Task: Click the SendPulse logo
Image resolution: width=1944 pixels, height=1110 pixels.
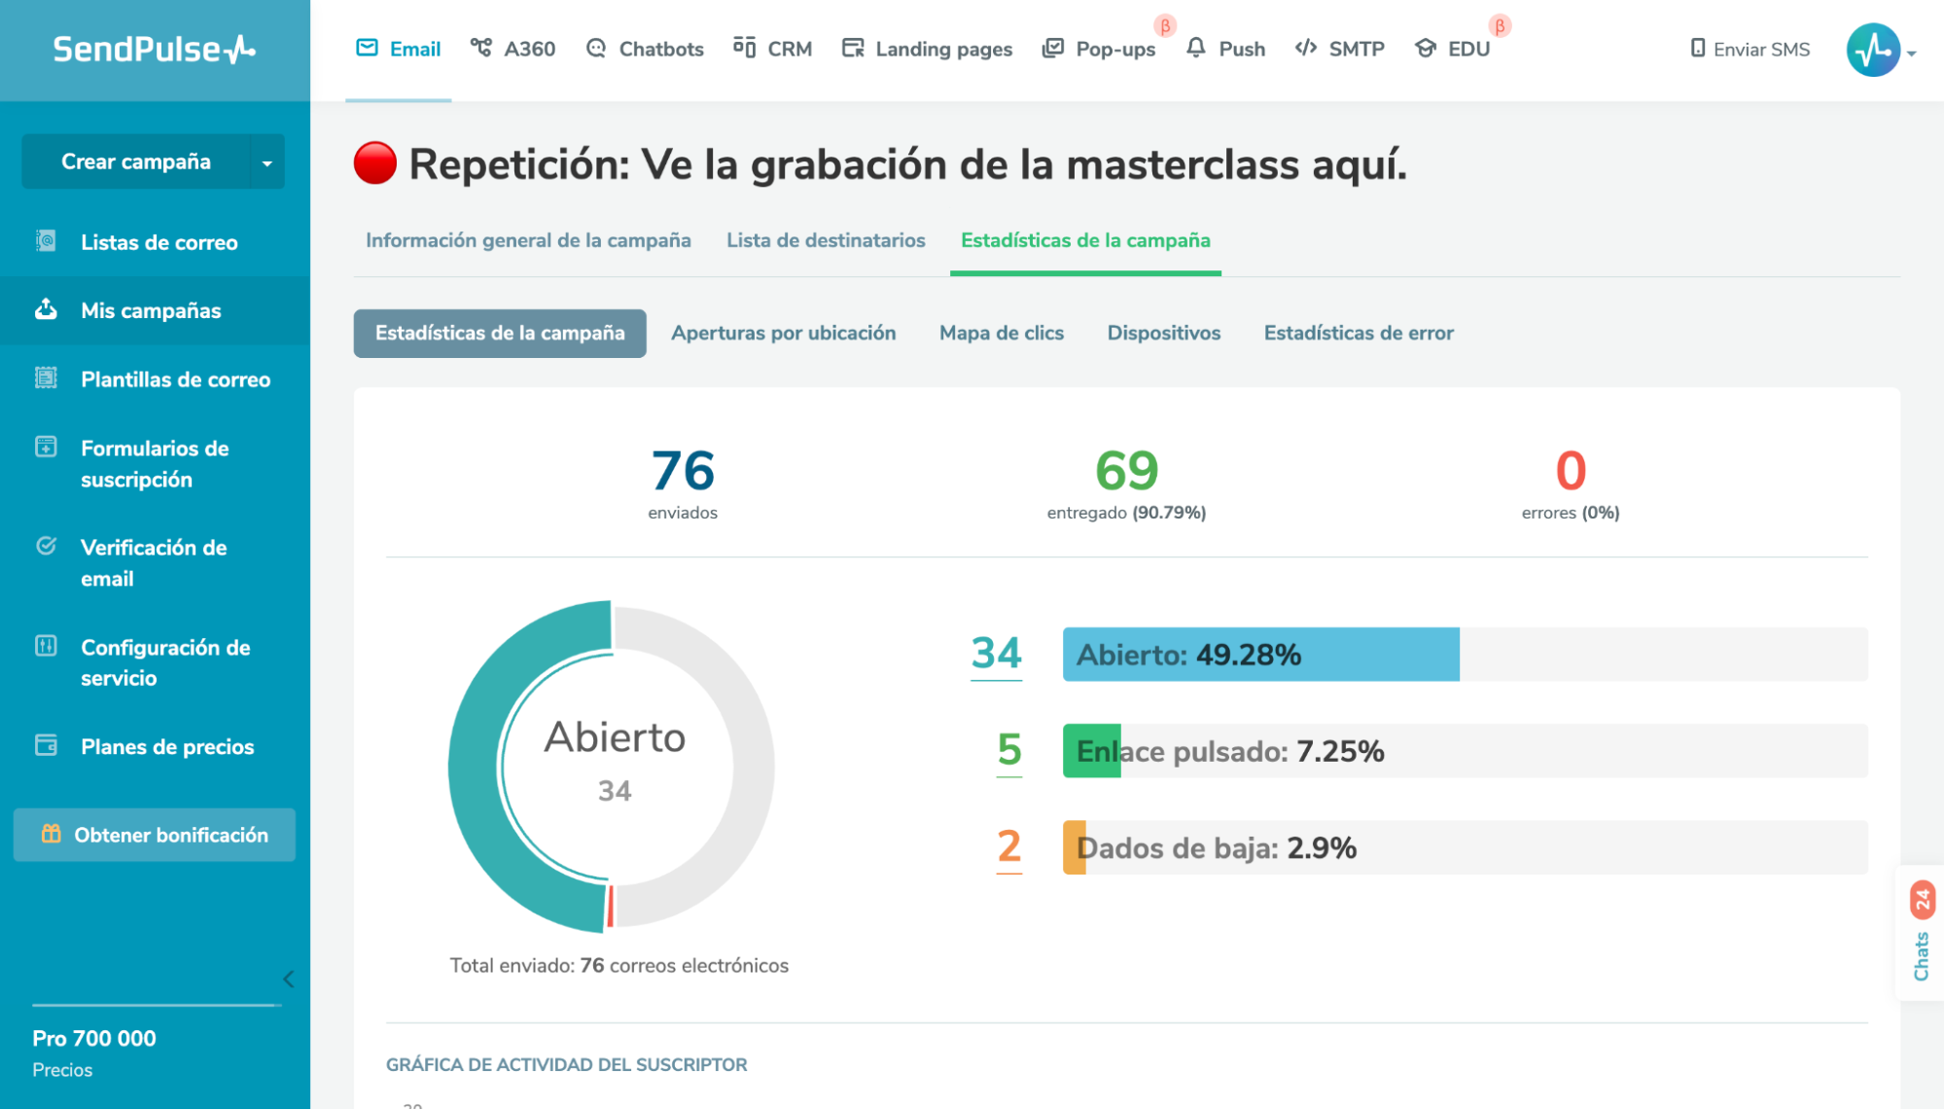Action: coord(154,49)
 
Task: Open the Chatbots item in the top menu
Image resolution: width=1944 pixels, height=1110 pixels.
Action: coord(645,49)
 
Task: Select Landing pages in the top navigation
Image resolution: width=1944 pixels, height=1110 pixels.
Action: coord(927,49)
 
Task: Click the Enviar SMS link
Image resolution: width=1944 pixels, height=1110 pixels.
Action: coord(1750,49)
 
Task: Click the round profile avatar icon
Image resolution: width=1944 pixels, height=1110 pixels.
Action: coord(1873,50)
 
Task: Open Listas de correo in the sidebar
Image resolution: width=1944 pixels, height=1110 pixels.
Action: coord(159,242)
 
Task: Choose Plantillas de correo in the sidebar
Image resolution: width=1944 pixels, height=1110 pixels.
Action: coord(175,379)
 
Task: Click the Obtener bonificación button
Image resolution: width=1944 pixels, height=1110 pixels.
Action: coord(155,835)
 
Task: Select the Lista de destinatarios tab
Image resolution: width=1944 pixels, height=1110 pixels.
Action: coord(826,240)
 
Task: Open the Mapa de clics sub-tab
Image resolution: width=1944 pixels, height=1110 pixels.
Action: coord(1002,333)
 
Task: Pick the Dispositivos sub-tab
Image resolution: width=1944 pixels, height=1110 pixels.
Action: coord(1164,333)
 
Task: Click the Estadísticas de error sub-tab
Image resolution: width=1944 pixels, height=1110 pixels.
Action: coord(1359,333)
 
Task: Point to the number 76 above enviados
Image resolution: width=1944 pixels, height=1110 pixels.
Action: coord(683,471)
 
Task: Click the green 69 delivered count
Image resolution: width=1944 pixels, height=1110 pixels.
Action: coord(1126,471)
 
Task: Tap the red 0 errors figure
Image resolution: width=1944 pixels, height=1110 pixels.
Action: coord(1571,471)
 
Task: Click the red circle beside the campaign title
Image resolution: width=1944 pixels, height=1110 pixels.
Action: coord(375,163)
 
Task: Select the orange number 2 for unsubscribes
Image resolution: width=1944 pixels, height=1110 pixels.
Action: coord(1009,846)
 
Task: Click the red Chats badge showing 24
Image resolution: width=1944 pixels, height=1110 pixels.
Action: coord(1922,900)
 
